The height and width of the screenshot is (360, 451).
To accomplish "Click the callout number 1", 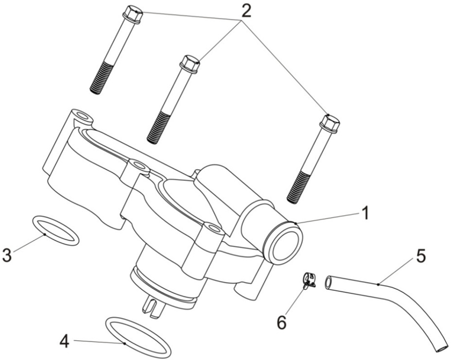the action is click(x=365, y=214).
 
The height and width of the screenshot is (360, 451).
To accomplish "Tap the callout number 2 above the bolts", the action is click(x=246, y=11).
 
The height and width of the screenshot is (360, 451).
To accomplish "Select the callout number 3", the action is click(x=7, y=255).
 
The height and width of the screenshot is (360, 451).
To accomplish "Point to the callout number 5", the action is click(x=421, y=256).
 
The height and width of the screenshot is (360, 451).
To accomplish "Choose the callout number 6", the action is click(x=281, y=322).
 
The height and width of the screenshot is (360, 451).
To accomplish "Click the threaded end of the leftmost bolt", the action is click(x=100, y=78).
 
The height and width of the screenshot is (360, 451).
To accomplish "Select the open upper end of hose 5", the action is click(x=328, y=283).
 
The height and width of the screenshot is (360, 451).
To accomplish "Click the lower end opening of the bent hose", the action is click(x=442, y=349).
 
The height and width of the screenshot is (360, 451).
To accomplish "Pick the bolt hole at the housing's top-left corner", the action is click(x=84, y=116).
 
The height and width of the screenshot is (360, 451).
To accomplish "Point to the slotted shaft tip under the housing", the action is click(x=154, y=307).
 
